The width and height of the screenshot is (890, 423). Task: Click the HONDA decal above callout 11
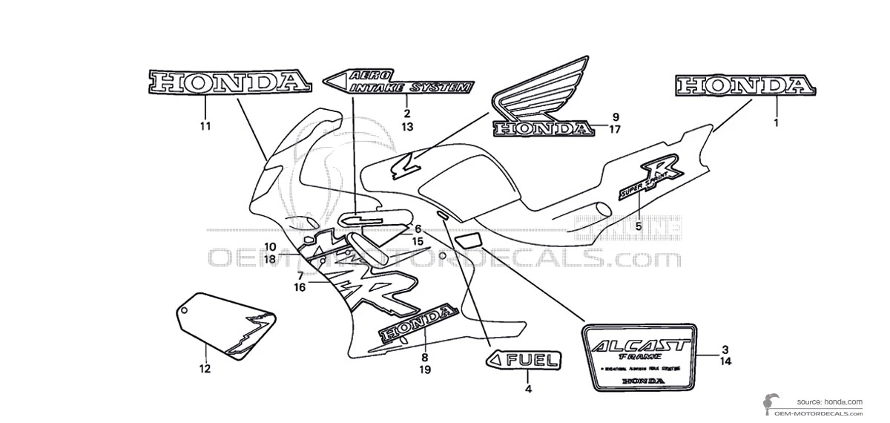tap(228, 82)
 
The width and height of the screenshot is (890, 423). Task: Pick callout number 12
tap(205, 369)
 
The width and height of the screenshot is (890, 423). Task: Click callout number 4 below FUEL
tap(528, 389)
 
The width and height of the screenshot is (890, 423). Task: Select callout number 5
tap(639, 226)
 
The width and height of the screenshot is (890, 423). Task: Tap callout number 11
tap(205, 126)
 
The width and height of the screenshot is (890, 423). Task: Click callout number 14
tap(725, 361)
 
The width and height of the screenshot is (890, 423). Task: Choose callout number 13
tap(407, 127)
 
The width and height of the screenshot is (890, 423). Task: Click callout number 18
tap(268, 259)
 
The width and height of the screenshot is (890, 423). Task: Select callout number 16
tap(300, 287)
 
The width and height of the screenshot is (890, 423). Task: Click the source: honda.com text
tap(830, 401)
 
